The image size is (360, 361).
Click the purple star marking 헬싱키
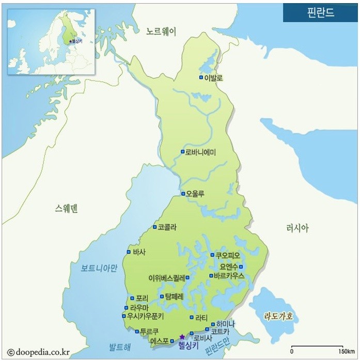coord(182,337)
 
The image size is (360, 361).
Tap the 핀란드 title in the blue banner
coord(321,12)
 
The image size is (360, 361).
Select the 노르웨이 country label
coord(161,32)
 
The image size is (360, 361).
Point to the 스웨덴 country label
coord(66,209)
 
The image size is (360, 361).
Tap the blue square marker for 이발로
coord(201,77)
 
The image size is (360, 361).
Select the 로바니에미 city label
coord(201,152)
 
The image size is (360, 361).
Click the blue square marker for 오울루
coord(183,194)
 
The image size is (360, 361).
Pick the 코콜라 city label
coord(168,227)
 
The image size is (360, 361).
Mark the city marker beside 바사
coord(129,252)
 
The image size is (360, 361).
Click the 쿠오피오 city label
coord(228,255)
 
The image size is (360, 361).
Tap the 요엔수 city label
coord(228,266)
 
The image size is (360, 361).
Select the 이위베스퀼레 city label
coord(166,277)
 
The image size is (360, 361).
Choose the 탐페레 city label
coord(174,296)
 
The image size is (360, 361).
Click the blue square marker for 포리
coord(132,298)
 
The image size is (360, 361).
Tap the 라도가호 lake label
coord(278,316)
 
